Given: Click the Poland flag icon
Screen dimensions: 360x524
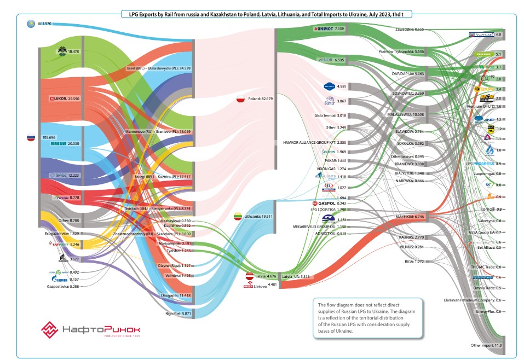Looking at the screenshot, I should (x=240, y=99).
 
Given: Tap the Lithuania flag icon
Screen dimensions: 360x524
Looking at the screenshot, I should (x=238, y=216).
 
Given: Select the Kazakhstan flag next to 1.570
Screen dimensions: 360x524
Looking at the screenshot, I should (x=31, y=24).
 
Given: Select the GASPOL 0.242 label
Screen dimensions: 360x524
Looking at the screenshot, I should (x=334, y=203).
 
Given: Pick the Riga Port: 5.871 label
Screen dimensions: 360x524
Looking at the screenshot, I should (x=177, y=313).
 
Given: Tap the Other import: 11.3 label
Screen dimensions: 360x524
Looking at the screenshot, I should (x=486, y=346).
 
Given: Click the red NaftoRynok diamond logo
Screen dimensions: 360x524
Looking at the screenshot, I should (x=50, y=330).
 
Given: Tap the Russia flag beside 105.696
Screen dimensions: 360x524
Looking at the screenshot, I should (x=31, y=137).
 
